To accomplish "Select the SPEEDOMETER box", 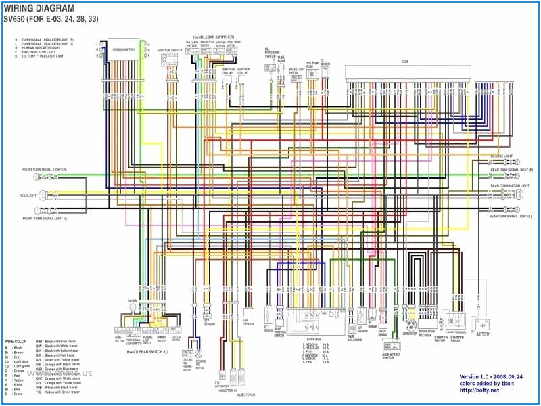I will [123, 49].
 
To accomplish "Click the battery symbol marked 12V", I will [483, 323].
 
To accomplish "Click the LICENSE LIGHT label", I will [502, 156].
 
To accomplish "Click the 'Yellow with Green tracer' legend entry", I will [62, 392].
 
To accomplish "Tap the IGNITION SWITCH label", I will [169, 50].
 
